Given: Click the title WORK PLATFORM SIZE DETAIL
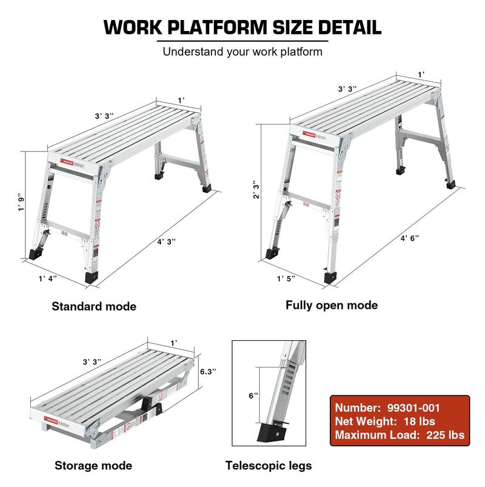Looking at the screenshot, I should pyautogui.click(x=242, y=27).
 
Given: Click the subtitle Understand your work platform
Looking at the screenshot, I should pyautogui.click(x=242, y=52).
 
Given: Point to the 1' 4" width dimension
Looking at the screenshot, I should pyautogui.click(x=49, y=278).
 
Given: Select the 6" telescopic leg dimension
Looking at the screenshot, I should pyautogui.click(x=254, y=395).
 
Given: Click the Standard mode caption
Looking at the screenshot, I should pyautogui.click(x=94, y=306).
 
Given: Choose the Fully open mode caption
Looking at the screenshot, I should pyautogui.click(x=332, y=305).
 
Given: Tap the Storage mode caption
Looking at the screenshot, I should pyautogui.click(x=93, y=466).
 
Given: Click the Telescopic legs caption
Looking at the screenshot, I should pyautogui.click(x=269, y=466).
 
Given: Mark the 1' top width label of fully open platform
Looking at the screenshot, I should pyautogui.click(x=420, y=74).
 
